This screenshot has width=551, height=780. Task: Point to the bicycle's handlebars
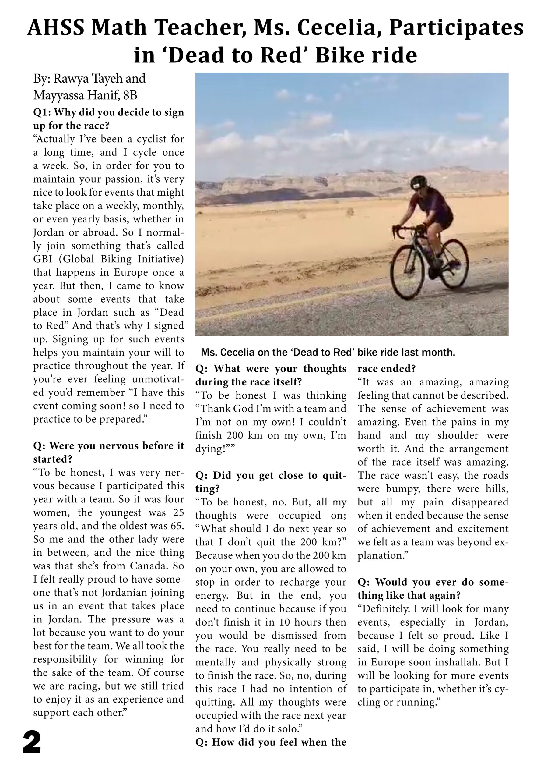click(x=401, y=231)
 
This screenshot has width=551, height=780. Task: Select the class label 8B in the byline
click(x=130, y=95)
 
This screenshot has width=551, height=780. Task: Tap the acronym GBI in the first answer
click(x=42, y=259)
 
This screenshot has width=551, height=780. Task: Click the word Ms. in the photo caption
click(x=209, y=352)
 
